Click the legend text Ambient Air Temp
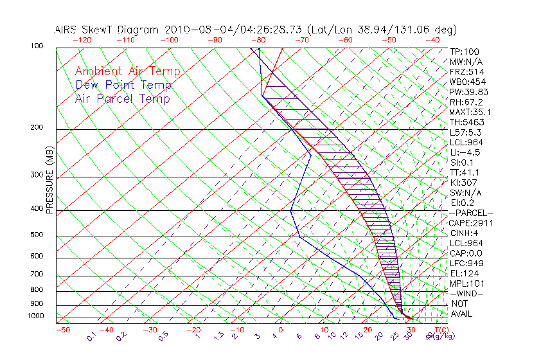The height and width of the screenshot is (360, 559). point(127,71)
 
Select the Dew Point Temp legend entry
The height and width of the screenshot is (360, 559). point(123,85)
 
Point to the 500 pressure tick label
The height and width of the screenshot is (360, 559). point(37,235)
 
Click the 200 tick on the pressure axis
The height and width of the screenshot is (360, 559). point(37,128)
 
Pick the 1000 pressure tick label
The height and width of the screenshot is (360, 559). point(35,316)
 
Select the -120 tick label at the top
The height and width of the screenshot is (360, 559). point(82,39)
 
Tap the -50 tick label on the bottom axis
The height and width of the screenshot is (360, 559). point(62,330)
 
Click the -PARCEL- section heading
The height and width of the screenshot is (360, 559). point(472,213)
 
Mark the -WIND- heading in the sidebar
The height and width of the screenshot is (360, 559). point(467,293)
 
